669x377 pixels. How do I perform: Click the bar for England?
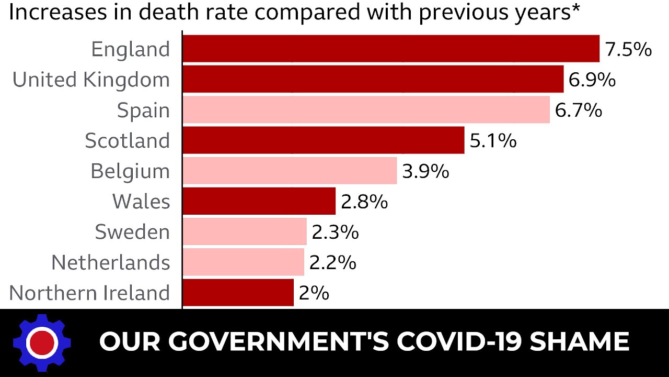[x=391, y=49]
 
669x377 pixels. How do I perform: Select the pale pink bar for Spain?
[x=366, y=109]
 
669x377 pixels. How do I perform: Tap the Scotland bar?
[x=324, y=140]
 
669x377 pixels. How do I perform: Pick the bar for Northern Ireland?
[x=238, y=292]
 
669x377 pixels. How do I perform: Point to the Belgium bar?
[x=290, y=171]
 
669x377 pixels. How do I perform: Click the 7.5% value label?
[x=628, y=49]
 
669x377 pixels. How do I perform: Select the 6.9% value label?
[x=592, y=80]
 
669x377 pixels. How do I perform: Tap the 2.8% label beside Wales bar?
[x=364, y=202]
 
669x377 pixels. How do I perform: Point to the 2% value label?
[x=314, y=293]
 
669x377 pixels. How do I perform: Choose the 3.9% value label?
[x=425, y=171]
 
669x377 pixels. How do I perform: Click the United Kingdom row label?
[x=91, y=80]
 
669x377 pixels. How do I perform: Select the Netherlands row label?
[x=111, y=262]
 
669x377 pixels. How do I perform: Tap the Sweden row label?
[x=132, y=232]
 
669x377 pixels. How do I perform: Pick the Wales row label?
[x=141, y=201]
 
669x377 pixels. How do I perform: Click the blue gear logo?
[x=42, y=343]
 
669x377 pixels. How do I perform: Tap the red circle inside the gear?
[x=42, y=343]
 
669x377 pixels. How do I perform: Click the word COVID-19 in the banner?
[x=459, y=341]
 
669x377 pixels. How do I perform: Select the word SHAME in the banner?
[x=580, y=341]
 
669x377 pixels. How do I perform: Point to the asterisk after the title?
[x=575, y=8]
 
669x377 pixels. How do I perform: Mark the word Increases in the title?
[x=58, y=12]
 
